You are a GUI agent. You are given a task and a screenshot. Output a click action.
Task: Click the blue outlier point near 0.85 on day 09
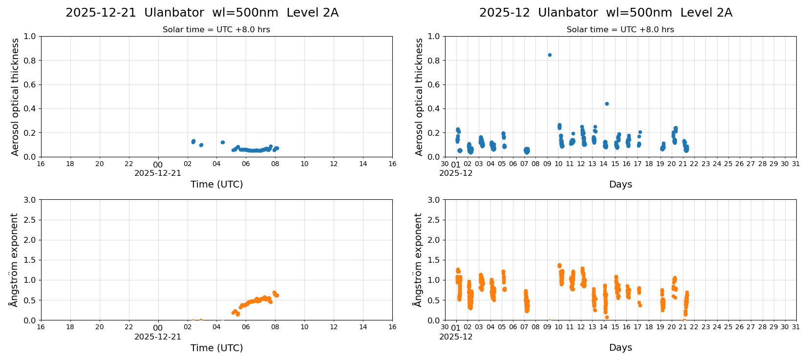550,55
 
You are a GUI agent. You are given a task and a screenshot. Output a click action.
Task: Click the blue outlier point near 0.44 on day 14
607,104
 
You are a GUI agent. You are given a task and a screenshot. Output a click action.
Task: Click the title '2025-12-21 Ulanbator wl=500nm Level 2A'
202,13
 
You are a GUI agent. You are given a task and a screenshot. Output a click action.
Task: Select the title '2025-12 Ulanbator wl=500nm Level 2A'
606,13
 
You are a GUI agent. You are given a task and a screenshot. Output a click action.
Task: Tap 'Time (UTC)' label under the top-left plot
216,184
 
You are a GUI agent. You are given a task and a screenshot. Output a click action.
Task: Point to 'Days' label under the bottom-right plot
620,348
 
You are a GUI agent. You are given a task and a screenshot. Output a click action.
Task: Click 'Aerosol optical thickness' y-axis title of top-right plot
419,97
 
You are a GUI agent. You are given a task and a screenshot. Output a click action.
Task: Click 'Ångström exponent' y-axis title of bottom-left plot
14,260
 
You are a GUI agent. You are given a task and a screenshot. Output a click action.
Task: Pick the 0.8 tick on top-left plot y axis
30,61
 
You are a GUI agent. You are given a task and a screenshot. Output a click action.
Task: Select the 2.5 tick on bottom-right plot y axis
434,220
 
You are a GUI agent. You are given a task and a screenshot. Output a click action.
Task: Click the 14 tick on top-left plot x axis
363,164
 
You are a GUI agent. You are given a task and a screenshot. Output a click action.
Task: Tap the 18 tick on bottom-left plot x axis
70,327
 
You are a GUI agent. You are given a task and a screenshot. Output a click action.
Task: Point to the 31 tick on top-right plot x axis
796,164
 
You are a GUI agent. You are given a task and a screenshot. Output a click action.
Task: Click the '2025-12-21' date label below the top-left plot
158,173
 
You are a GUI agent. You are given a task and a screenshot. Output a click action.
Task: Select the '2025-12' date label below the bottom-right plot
456,337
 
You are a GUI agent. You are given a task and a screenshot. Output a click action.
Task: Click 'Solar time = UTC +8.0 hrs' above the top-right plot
620,30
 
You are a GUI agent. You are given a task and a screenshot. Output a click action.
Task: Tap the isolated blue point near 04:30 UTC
223,142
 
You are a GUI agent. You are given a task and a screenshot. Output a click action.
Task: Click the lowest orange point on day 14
607,317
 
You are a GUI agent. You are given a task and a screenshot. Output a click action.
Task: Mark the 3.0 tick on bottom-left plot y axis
30,200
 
